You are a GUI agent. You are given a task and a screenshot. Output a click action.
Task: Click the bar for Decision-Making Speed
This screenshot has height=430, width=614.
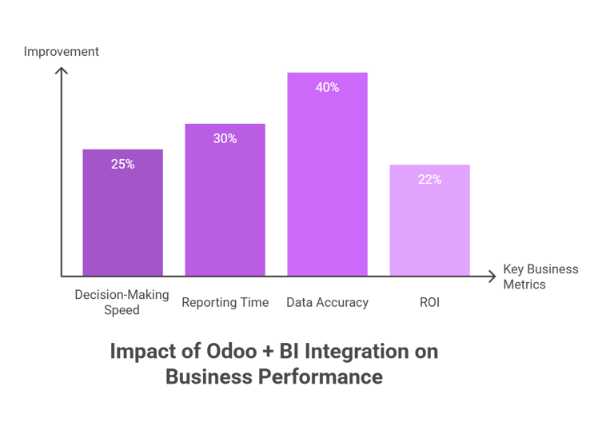click(x=122, y=212)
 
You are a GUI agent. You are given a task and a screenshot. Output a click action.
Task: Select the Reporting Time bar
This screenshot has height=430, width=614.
click(x=225, y=200)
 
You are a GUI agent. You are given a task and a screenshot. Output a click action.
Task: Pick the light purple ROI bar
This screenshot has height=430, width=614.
click(x=429, y=220)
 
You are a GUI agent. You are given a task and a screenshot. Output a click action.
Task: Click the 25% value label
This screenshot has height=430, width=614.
click(x=122, y=164)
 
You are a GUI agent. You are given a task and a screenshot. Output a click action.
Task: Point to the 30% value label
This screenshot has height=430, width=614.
click(x=225, y=138)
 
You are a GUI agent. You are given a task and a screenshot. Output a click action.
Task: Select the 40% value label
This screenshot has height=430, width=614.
click(x=327, y=87)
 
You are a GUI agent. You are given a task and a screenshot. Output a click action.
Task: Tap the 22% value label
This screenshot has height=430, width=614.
click(x=429, y=179)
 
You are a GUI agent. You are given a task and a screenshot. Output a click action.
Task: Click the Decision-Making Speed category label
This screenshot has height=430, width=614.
click(x=122, y=302)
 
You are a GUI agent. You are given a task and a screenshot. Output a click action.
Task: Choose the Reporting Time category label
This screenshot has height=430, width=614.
click(x=225, y=303)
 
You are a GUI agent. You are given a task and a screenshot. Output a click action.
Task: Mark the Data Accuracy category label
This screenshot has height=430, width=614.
click(x=327, y=303)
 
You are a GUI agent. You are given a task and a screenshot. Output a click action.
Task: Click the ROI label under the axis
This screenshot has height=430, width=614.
click(x=429, y=303)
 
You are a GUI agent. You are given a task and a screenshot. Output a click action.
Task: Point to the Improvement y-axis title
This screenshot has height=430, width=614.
click(x=62, y=52)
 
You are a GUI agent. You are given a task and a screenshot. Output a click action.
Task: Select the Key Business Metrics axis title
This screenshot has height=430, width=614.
click(x=540, y=277)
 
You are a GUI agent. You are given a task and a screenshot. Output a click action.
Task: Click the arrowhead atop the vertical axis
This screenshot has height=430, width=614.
click(x=61, y=70)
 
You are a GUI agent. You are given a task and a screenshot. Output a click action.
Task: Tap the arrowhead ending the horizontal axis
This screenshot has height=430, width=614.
click(x=491, y=277)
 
